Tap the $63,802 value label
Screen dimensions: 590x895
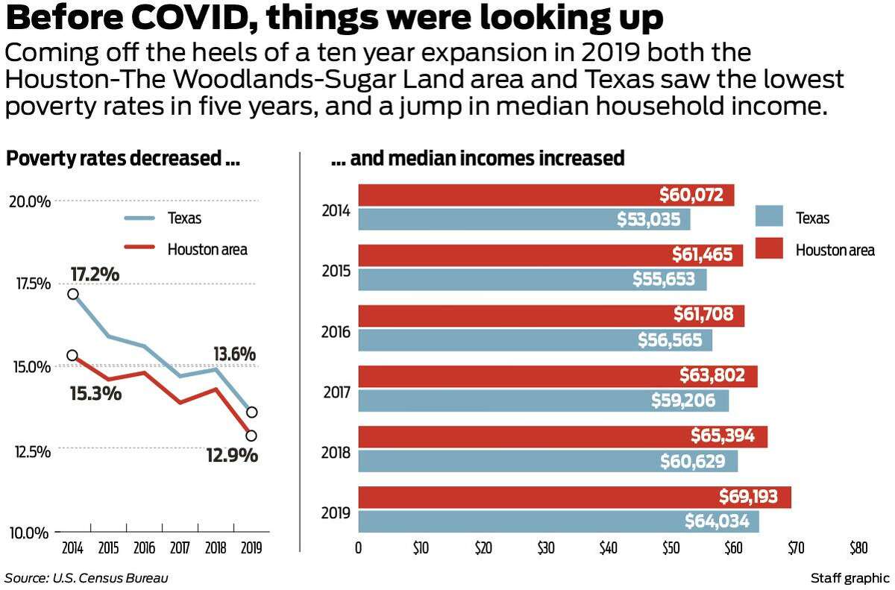tap(712, 375)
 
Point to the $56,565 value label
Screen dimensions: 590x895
tap(670, 340)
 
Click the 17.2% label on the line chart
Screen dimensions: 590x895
tap(95, 274)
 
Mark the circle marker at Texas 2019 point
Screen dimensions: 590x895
tap(252, 412)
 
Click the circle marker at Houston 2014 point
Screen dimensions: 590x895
tap(72, 356)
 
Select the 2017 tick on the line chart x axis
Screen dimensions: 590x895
tap(180, 548)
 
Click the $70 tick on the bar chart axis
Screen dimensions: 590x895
tap(796, 548)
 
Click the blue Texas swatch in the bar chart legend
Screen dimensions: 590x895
tap(769, 216)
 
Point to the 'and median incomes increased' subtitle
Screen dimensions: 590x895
tap(477, 159)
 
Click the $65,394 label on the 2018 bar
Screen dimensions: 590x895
tap(723, 436)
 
